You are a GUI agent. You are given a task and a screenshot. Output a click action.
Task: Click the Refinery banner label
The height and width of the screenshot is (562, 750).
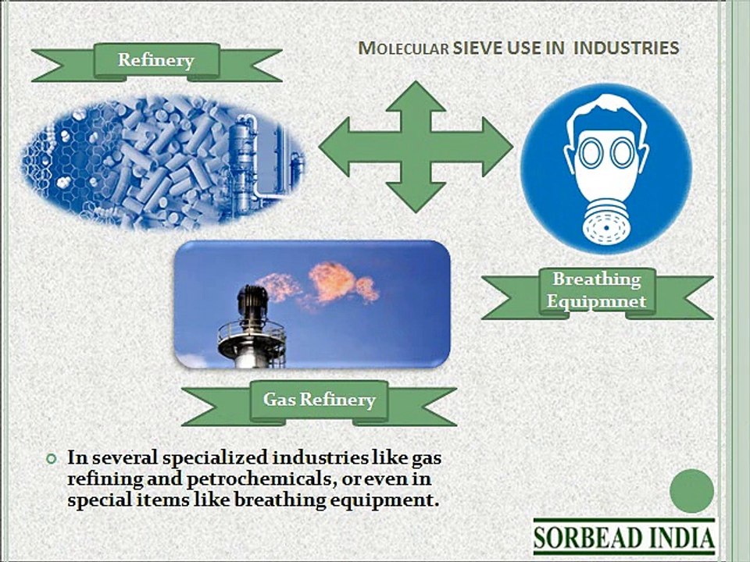tap(156, 60)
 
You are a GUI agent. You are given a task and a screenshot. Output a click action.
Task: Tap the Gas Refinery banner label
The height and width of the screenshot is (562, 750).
tap(319, 399)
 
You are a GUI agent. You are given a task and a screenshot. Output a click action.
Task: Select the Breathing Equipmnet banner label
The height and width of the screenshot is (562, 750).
tap(596, 290)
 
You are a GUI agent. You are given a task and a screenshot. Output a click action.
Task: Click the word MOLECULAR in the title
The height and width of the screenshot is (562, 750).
tap(403, 48)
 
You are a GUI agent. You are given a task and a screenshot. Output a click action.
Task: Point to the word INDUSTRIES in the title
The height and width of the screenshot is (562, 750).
tap(626, 48)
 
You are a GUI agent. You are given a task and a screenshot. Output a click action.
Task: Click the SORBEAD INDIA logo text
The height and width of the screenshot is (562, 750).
tap(624, 537)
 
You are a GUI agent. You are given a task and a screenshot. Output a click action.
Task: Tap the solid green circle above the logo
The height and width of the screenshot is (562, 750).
tap(691, 491)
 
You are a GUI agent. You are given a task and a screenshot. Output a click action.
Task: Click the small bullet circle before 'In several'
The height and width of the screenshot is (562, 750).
tap(52, 459)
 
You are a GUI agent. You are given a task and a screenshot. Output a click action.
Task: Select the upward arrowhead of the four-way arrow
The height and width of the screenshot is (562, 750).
tap(416, 97)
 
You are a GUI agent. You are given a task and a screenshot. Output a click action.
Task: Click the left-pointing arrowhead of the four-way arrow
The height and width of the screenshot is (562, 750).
tap(335, 146)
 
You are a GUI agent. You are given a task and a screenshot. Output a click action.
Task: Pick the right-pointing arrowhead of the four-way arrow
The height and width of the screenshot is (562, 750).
tap(498, 146)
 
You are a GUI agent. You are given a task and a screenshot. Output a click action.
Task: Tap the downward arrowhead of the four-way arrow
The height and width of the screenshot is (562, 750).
tap(416, 197)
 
